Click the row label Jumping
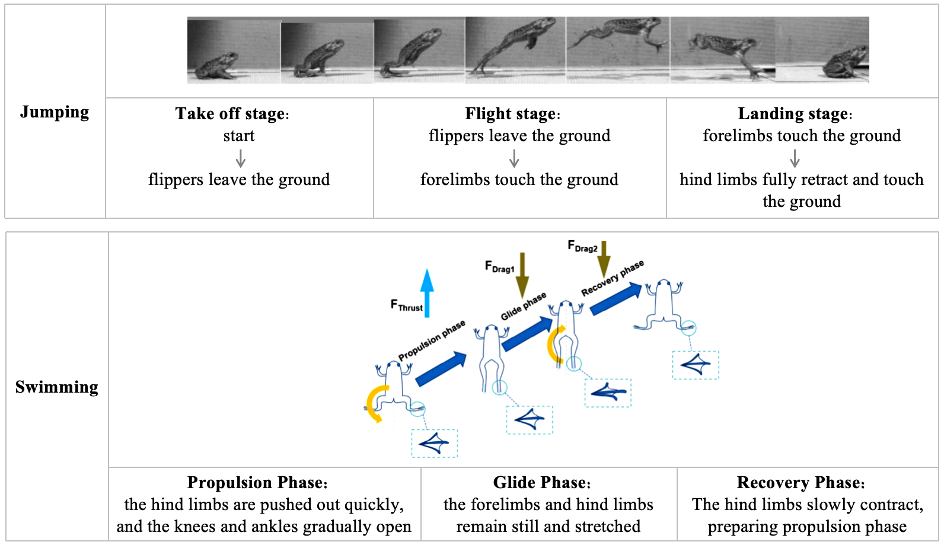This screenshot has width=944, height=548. pyautogui.click(x=55, y=112)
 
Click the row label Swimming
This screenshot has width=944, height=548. pyautogui.click(x=56, y=387)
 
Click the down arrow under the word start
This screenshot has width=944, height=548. pyautogui.click(x=240, y=158)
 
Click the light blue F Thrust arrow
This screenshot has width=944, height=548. pyautogui.click(x=427, y=292)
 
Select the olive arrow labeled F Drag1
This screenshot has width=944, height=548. pyautogui.click(x=522, y=275)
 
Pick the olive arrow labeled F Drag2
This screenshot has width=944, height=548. pyautogui.click(x=604, y=259)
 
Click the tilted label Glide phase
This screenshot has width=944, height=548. pyautogui.click(x=523, y=306)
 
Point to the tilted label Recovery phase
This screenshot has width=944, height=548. pyautogui.click(x=612, y=278)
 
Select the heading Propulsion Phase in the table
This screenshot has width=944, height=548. pyautogui.click(x=257, y=483)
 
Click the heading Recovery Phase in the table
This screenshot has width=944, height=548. pyautogui.click(x=800, y=483)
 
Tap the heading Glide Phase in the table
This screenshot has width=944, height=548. pyautogui.click(x=541, y=483)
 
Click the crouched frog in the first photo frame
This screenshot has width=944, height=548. pyautogui.click(x=216, y=66)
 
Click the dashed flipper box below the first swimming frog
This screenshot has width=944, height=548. pyautogui.click(x=435, y=443)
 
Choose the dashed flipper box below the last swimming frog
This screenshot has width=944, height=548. pyautogui.click(x=696, y=365)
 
